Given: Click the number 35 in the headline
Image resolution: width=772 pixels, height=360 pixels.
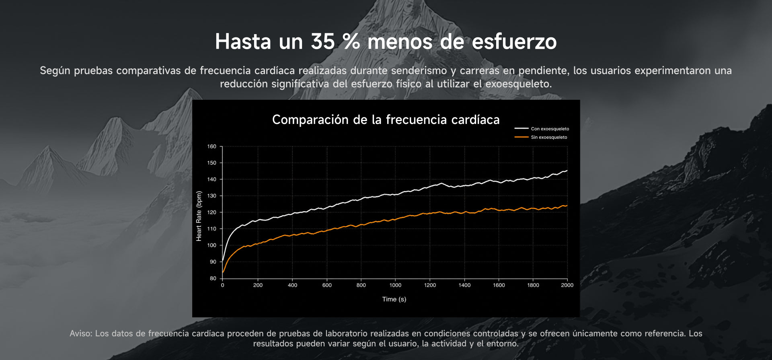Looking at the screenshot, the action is (x=322, y=41).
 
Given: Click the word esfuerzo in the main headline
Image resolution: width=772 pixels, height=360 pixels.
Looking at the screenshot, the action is (x=514, y=41).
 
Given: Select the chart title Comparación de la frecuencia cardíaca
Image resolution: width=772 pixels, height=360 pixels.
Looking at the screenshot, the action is (x=386, y=119).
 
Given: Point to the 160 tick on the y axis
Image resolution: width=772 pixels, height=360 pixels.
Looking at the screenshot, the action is (x=211, y=146).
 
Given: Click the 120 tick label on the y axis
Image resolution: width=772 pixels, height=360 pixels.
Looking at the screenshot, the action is (x=211, y=212).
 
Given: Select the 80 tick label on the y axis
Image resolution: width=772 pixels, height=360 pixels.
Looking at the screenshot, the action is (x=213, y=278).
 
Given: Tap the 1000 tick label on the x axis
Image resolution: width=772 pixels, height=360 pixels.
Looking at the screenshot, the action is (x=395, y=285).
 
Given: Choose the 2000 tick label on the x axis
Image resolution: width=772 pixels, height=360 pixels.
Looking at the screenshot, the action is (x=567, y=285).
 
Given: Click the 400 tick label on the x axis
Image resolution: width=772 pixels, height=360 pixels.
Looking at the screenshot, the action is (x=292, y=285).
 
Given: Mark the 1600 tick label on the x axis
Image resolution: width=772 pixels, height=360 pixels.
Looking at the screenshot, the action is (x=499, y=285).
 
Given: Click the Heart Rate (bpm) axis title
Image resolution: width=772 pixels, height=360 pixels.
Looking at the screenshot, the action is (x=199, y=216).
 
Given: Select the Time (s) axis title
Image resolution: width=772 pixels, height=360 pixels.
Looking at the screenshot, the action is (x=394, y=299).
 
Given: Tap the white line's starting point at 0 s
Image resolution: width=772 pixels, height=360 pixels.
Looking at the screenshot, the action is (x=223, y=261).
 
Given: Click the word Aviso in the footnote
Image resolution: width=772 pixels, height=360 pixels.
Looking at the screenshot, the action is (x=81, y=333).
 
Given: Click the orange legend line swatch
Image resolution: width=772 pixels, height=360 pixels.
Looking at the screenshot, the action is (x=522, y=137).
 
